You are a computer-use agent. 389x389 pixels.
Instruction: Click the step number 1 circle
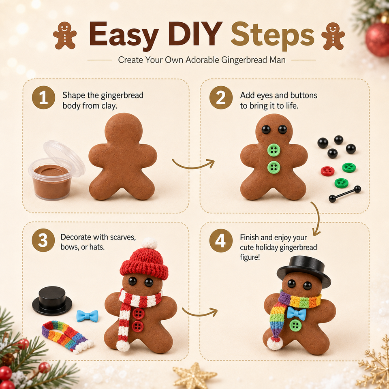(43, 98)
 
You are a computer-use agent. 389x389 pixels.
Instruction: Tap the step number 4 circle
(221, 241)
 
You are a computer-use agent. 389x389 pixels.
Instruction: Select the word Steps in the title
(273, 36)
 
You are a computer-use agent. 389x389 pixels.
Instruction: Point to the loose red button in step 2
(327, 171)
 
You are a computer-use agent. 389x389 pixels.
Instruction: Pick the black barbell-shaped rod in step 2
(345, 194)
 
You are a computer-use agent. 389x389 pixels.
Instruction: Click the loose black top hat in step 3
(52, 301)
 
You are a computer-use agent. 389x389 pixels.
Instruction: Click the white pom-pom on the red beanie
(150, 244)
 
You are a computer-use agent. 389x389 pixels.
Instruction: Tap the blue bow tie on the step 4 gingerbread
(297, 314)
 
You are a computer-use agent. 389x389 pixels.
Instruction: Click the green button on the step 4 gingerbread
(295, 325)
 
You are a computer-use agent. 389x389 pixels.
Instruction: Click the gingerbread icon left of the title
(65, 35)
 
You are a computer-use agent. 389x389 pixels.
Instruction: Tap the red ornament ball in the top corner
(378, 40)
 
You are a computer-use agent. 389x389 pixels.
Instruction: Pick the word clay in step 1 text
(109, 106)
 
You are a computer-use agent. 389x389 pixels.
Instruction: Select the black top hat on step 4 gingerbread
(304, 271)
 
